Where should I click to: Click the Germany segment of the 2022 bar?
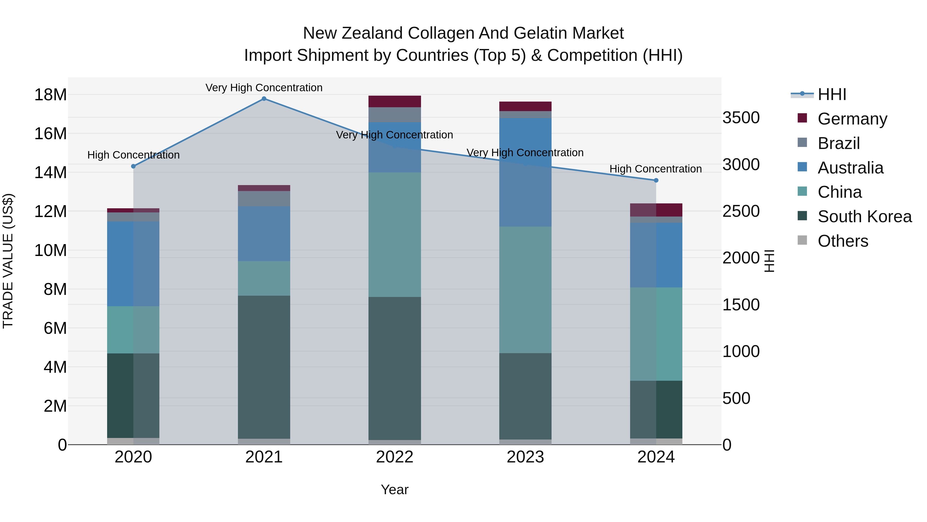(x=394, y=102)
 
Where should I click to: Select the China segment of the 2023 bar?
(x=525, y=290)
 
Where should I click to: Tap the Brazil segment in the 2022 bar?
(x=394, y=114)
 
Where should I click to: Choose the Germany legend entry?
(x=852, y=119)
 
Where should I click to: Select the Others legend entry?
(x=843, y=241)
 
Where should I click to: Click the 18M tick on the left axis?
(x=50, y=95)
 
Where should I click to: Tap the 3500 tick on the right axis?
(x=741, y=118)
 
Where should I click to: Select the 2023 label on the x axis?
(x=525, y=457)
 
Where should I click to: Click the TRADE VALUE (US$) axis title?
(x=8, y=261)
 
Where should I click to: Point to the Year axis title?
(x=394, y=490)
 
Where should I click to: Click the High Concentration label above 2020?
(x=133, y=155)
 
